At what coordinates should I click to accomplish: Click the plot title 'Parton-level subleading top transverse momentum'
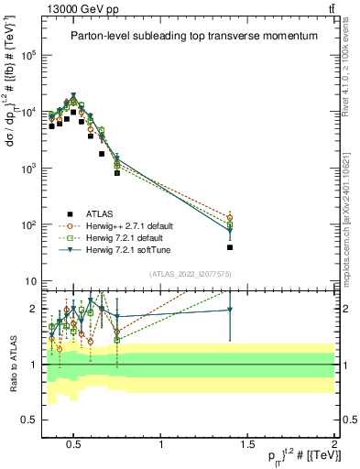click(x=194, y=37)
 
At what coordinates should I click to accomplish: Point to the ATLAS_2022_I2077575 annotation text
click(x=183, y=273)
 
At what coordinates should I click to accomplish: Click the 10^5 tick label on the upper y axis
click(x=28, y=56)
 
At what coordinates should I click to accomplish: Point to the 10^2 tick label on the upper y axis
click(x=28, y=224)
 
